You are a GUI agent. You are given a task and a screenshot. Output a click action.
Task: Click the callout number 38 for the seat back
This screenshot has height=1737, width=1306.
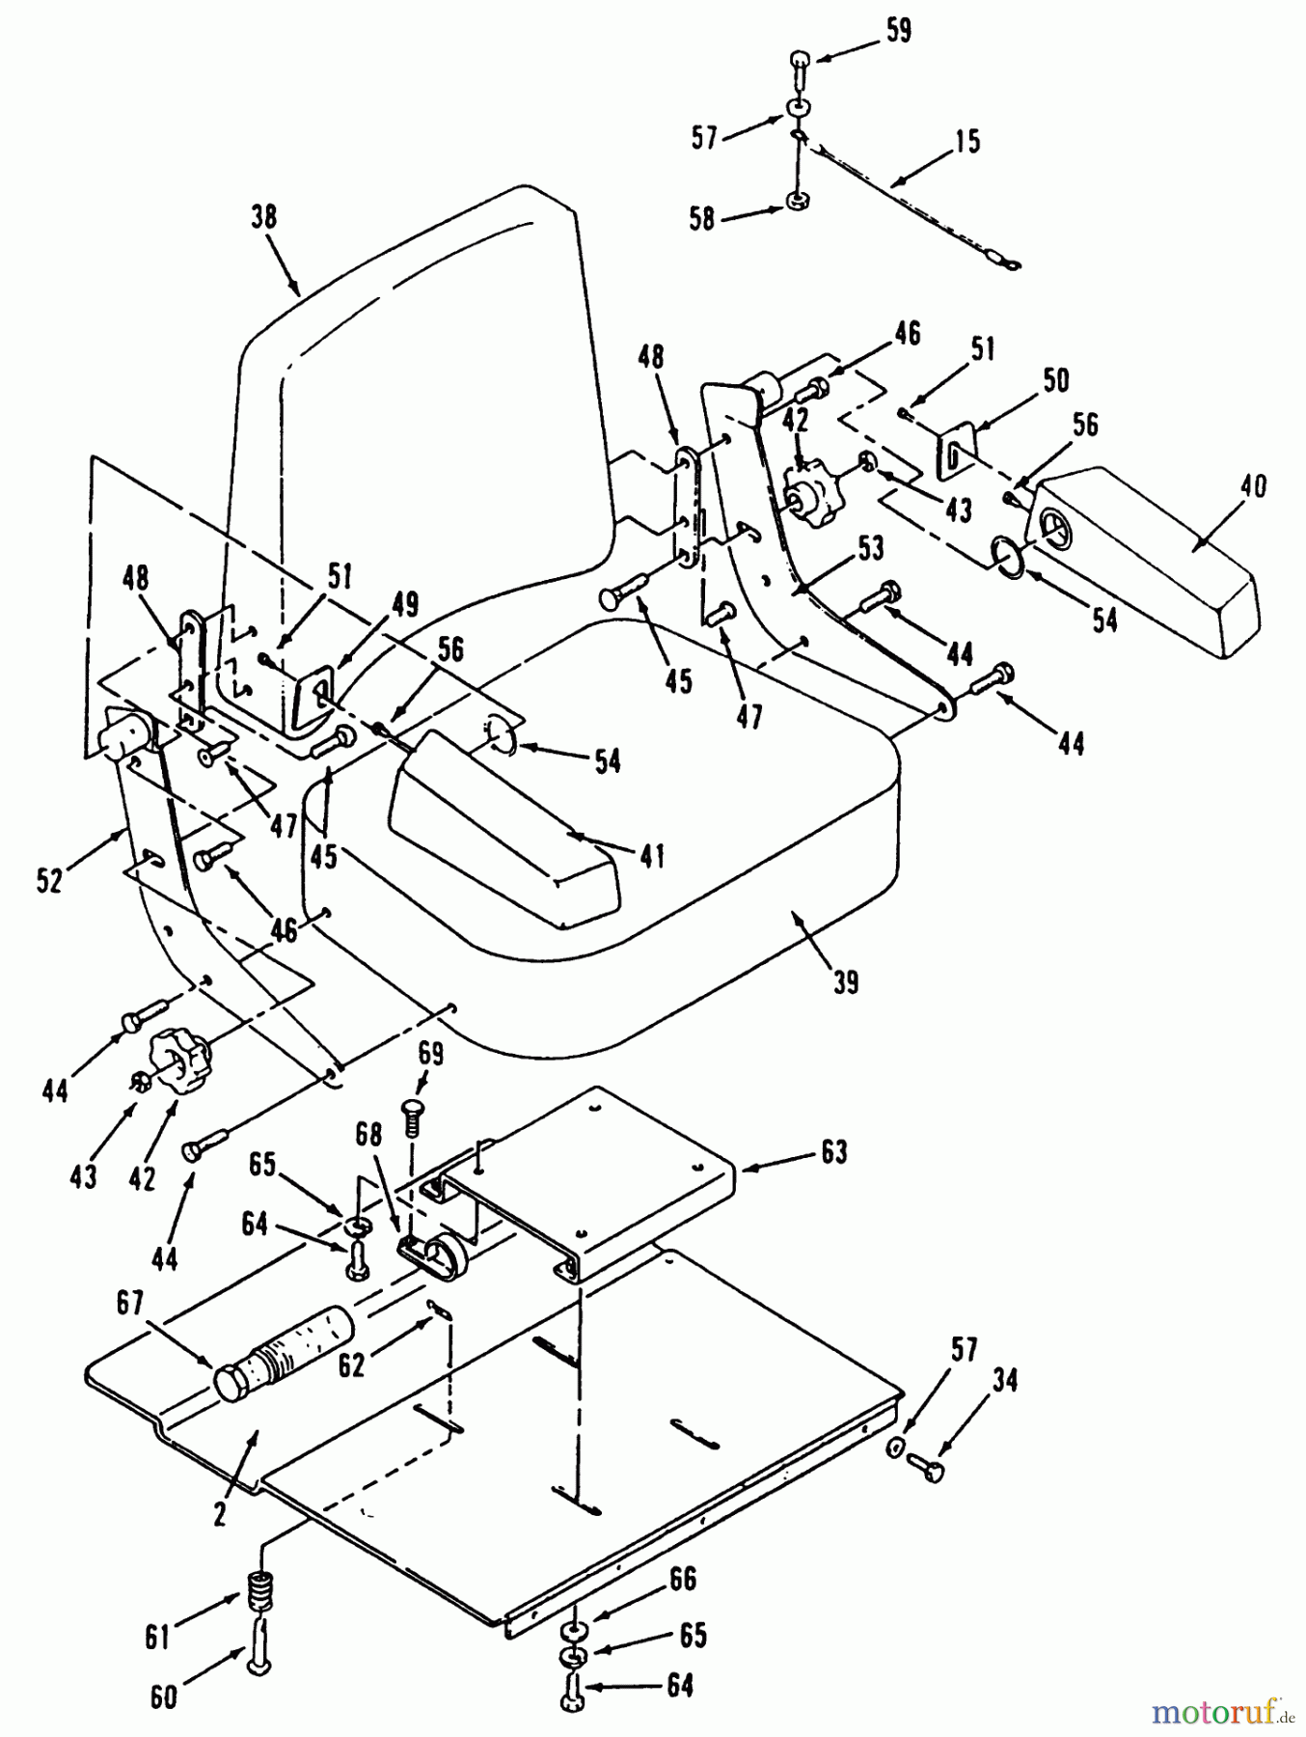263,217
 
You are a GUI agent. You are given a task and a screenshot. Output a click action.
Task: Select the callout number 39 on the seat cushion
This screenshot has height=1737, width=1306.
845,982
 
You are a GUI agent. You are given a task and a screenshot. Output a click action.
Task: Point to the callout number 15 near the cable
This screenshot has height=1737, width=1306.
966,141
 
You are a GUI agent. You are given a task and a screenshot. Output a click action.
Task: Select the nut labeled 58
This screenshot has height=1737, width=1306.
797,202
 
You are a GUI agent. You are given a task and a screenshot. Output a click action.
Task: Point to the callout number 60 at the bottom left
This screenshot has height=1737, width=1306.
164,1696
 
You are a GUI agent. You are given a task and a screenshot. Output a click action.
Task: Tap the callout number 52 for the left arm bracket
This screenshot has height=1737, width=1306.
49,879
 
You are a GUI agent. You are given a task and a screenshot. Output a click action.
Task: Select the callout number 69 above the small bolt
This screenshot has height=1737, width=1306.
430,1054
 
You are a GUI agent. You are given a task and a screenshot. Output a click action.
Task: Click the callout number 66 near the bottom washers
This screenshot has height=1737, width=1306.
682,1580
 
